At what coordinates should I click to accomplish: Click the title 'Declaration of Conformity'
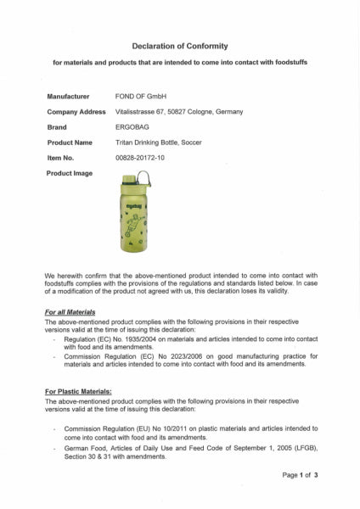pyautogui.click(x=180, y=46)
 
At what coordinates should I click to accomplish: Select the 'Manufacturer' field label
pyautogui.click(x=68, y=97)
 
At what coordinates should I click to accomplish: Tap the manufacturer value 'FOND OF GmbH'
pyautogui.click(x=140, y=97)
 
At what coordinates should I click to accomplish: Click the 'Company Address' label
pyautogui.click(x=76, y=112)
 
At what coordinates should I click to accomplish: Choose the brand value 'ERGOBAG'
pyautogui.click(x=135, y=127)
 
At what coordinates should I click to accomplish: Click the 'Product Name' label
pyautogui.click(x=70, y=143)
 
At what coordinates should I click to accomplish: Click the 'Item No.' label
pyautogui.click(x=61, y=158)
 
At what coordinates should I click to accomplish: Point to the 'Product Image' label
pyautogui.click(x=70, y=173)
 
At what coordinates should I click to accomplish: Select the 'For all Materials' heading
pyautogui.click(x=70, y=312)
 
